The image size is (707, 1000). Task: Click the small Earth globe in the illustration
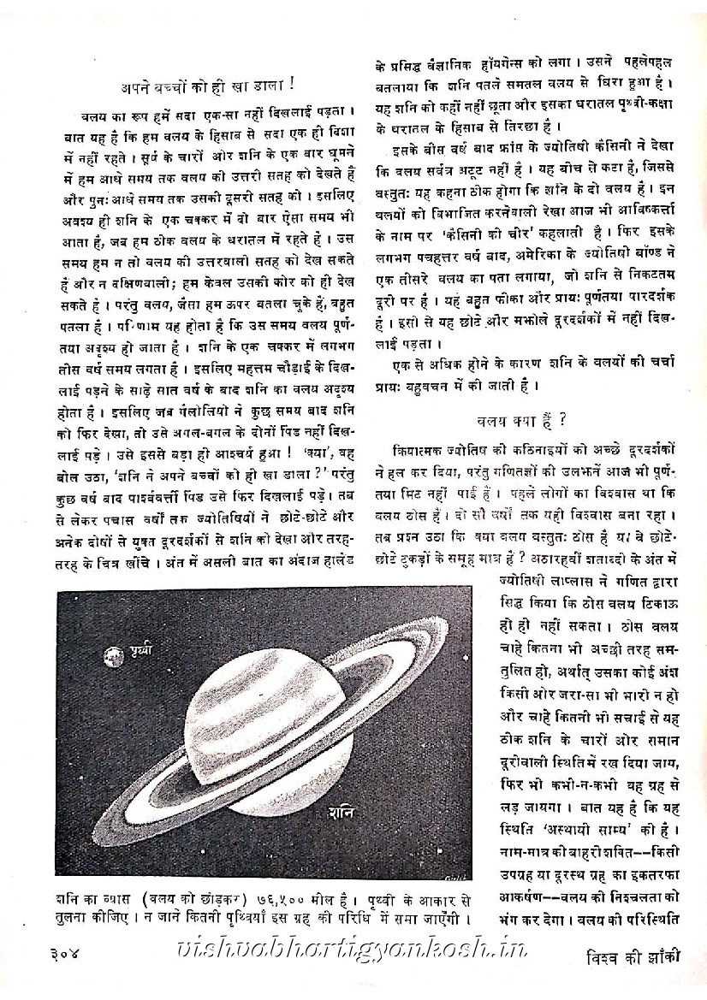pyautogui.click(x=110, y=657)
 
